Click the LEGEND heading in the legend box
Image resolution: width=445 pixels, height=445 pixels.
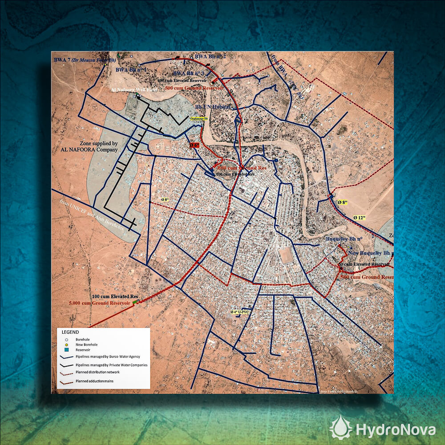[x=70, y=332]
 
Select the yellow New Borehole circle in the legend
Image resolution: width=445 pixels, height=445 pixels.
[x=66, y=345]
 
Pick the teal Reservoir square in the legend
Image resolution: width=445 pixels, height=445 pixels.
[x=66, y=350]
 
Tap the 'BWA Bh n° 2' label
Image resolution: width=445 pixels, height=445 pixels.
[x=210, y=57]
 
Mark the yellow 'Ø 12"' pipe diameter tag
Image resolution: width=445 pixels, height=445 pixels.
[x=359, y=218]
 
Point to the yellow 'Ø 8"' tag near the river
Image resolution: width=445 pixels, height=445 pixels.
[x=342, y=202]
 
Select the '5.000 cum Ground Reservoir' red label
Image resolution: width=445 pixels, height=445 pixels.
[x=102, y=303]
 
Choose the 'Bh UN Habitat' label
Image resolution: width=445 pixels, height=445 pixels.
[x=213, y=107]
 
